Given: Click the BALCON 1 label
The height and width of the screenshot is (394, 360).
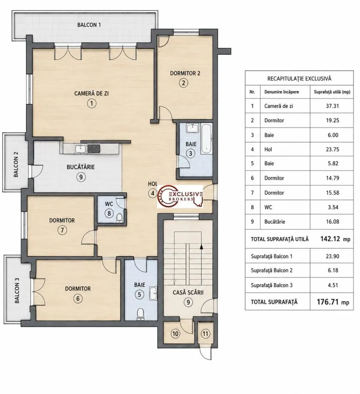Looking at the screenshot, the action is point(89,25).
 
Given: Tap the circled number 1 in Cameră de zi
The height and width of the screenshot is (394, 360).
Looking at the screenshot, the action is point(92,103).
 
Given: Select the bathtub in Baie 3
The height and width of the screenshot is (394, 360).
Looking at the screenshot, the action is point(207,139).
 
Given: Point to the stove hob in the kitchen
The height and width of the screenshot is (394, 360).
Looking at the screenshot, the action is point(94,148).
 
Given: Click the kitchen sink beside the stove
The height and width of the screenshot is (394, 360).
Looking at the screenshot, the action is point(81,148).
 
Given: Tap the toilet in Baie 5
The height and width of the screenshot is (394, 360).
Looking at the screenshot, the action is point(140,314).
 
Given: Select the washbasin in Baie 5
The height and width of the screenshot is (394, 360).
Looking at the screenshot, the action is point(153,293).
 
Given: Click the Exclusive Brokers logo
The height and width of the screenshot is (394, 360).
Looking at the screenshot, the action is point(180,197).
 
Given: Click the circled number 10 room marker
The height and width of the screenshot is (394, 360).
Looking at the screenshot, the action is point(175,334).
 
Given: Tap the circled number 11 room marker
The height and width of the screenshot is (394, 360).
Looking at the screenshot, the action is point(205,334).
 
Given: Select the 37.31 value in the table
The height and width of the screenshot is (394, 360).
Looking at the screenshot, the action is point(332,106).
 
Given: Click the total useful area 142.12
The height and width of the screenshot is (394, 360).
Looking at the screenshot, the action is point(330,239).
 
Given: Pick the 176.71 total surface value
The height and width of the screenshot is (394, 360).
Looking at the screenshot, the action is point(328,302).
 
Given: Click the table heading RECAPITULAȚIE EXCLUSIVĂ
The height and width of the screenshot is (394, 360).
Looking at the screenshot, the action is point(299,79).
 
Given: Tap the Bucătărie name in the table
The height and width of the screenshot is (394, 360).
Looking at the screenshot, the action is point(275,222).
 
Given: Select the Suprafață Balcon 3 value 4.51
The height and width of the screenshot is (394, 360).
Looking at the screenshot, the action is point(333,285).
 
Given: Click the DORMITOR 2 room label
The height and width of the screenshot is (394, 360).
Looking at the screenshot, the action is point(185,74).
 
